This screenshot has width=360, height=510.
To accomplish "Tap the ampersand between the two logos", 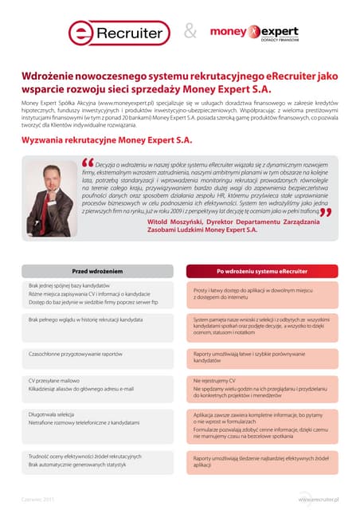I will pos(190,32).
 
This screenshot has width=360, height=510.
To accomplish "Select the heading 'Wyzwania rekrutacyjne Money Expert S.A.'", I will pos(107,139).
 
